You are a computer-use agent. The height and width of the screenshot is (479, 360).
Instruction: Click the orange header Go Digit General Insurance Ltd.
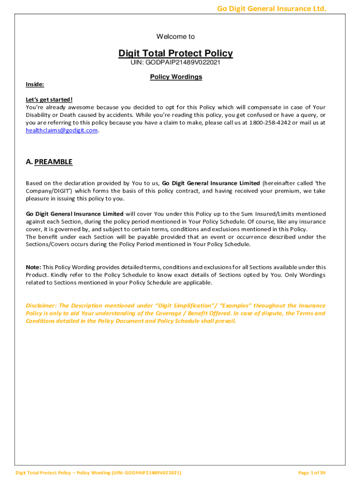271,8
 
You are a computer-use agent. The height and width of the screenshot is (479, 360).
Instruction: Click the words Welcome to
175,36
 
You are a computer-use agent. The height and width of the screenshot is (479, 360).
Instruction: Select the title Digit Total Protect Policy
175,53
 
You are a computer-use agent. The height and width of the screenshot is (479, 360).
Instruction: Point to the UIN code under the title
175,62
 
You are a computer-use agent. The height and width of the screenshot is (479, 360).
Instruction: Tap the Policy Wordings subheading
176,77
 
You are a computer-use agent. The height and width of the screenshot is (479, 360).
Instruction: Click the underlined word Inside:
35,84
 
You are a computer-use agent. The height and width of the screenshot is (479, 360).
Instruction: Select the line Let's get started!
49,100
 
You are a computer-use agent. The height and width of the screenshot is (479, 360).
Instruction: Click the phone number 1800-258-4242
270,123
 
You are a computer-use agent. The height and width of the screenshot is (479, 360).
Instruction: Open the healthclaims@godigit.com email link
62,131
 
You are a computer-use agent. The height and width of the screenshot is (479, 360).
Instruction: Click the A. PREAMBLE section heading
49,162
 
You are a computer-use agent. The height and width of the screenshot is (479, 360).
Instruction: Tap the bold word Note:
33,267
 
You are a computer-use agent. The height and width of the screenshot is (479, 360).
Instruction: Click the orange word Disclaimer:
41,305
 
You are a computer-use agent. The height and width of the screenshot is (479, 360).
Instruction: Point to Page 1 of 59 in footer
312,472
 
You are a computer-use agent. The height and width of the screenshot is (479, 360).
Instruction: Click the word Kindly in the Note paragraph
59,275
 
